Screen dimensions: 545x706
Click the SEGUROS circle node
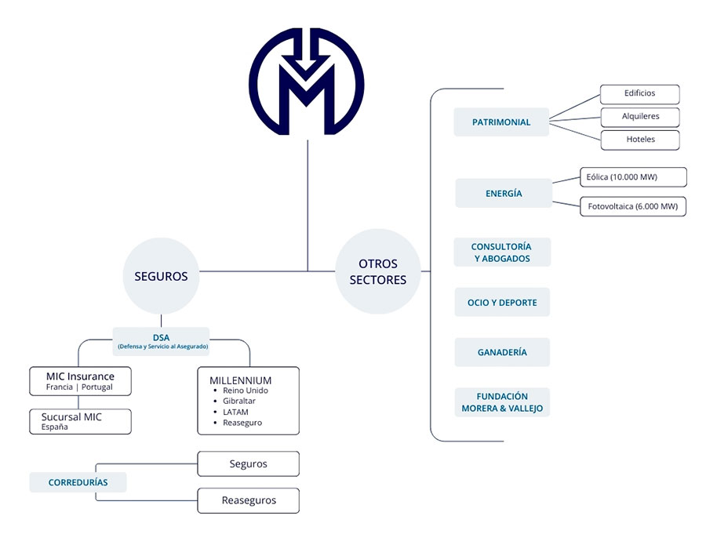click(161, 276)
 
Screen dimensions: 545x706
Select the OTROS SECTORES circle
click(377, 271)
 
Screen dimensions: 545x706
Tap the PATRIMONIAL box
click(501, 122)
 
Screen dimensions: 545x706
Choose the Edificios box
click(639, 93)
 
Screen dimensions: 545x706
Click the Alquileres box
click(639, 117)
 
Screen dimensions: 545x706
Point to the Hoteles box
click(639, 140)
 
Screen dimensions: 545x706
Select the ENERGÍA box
click(503, 194)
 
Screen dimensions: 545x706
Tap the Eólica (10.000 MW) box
click(631, 177)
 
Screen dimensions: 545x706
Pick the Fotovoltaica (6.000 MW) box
click(632, 207)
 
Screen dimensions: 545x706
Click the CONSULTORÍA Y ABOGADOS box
click(502, 253)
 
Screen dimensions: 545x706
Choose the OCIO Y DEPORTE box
click(502, 303)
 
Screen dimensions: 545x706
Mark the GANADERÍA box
click(502, 353)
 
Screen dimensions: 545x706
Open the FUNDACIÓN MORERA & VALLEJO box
click(502, 402)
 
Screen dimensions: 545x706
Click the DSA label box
click(161, 341)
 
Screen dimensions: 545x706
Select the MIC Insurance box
click(80, 381)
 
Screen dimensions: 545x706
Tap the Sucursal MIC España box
click(80, 422)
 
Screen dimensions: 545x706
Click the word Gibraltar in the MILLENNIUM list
click(239, 401)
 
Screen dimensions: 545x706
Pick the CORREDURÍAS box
click(78, 482)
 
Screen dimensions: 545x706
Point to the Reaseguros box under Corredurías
click(248, 500)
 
